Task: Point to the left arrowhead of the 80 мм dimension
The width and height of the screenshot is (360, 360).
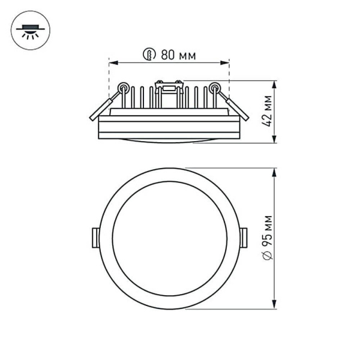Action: pos(112,62)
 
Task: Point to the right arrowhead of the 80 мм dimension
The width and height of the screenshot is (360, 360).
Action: pos(226,62)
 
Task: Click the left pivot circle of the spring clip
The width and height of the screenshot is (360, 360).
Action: pos(123,88)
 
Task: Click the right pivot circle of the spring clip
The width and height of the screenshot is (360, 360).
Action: pos(215,88)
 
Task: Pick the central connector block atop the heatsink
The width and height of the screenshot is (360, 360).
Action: pos(169,88)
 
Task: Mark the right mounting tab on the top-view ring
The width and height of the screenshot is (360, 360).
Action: pos(243,238)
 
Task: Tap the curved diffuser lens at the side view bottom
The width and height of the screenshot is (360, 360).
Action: pos(169,141)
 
